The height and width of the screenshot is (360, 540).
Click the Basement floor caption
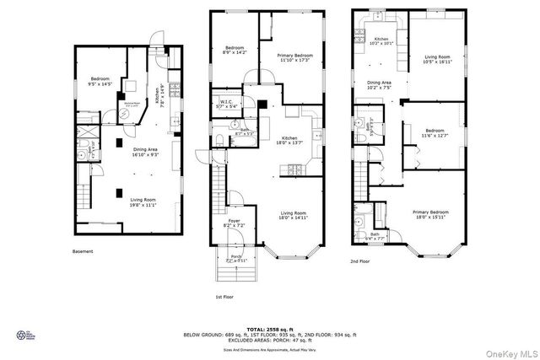[82, 251]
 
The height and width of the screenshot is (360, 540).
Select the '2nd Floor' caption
[360, 261]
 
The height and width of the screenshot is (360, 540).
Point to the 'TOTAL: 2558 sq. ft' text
[270, 329]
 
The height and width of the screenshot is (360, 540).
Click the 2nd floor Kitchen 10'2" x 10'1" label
[381, 41]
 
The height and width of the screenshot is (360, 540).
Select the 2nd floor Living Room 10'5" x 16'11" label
[436, 59]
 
